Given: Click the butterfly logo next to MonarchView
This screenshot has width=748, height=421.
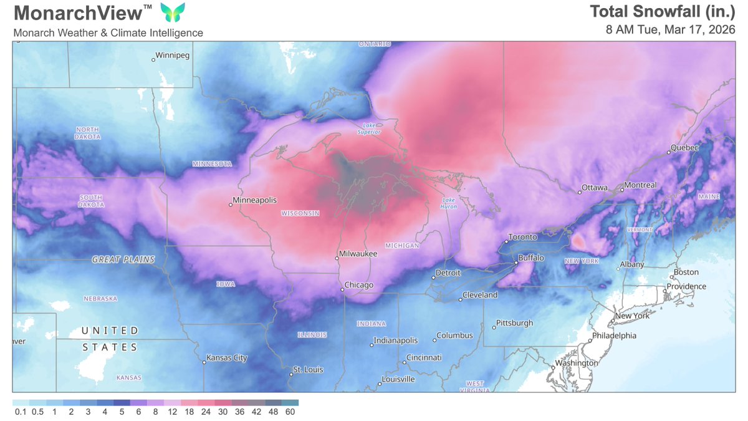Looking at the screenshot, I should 173,12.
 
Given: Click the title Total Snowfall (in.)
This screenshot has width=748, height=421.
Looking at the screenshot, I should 663,12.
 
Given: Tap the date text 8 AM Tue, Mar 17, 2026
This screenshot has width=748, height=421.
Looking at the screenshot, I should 671,30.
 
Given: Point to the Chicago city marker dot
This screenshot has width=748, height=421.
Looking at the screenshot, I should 342,289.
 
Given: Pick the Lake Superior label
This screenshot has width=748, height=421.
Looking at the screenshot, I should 368,128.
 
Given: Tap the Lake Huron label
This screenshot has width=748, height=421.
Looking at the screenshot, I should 449,203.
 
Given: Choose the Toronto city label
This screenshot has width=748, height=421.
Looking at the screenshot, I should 522,237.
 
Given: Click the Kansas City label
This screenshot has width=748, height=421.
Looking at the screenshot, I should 228,358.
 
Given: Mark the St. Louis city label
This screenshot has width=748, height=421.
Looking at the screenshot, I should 308,370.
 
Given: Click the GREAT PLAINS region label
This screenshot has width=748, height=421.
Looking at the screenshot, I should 123,259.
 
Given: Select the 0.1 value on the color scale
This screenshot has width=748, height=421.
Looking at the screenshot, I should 20,412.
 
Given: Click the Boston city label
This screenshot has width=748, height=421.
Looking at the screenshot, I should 686,272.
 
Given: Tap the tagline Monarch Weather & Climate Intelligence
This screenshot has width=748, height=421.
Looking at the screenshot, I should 108,32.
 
